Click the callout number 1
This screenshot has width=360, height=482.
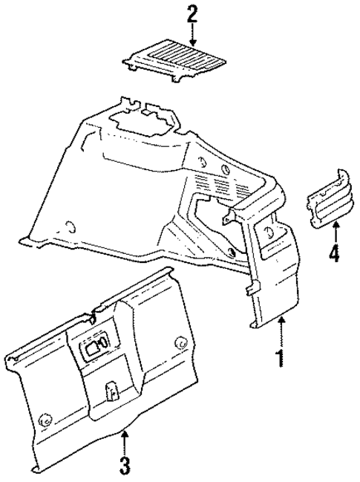point(280,359)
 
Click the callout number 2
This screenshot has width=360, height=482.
point(193,14)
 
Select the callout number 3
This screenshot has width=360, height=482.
point(125,466)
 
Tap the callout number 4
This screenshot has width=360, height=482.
point(333,253)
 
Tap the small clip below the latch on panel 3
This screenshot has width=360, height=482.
point(111,391)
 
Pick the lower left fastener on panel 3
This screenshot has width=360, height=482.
point(45,419)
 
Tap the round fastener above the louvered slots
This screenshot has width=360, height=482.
point(203,164)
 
